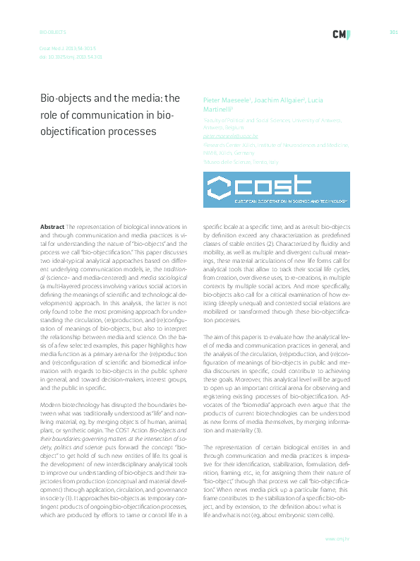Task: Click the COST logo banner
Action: pos(277,188)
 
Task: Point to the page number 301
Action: pos(394,33)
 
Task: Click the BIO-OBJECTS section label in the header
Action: pos(52,33)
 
